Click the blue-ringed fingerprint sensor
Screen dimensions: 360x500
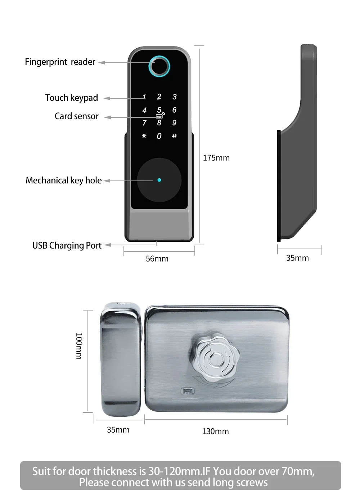pyautogui.click(x=159, y=66)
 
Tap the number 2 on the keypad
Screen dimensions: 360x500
pyautogui.click(x=159, y=97)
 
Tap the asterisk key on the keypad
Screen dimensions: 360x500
pyautogui.click(x=144, y=136)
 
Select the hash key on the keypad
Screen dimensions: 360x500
pyautogui.click(x=175, y=136)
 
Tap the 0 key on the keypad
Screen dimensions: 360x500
pyautogui.click(x=159, y=136)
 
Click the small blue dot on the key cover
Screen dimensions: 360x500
pyautogui.click(x=159, y=180)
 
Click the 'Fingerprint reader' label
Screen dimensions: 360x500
pyautogui.click(x=60, y=62)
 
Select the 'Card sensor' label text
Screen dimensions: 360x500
pyautogui.click(x=77, y=116)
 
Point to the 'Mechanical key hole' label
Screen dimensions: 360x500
pyautogui.click(x=64, y=180)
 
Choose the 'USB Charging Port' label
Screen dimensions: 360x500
pyautogui.click(x=67, y=245)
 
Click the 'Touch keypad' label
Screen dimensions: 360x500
pyautogui.click(x=72, y=98)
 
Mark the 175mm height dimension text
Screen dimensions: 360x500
pyautogui.click(x=216, y=158)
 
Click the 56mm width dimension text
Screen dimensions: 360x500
pyautogui.click(x=157, y=259)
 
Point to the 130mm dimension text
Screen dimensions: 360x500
pyautogui.click(x=216, y=431)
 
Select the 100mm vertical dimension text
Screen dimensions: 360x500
pyautogui.click(x=79, y=346)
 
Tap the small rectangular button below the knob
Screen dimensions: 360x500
pyautogui.click(x=187, y=391)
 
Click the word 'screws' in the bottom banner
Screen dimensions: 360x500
pyautogui.click(x=252, y=483)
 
